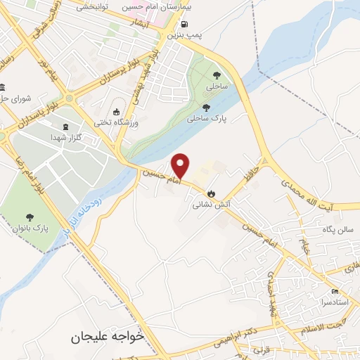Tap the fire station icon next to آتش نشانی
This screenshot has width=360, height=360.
pos(210,193)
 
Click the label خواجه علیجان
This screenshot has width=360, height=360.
pos(107,337)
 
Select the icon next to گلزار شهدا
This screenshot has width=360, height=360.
pos(66,127)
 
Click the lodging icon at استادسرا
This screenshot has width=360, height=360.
pos(335,291)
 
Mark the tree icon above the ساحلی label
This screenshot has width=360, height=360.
pos(215,75)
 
